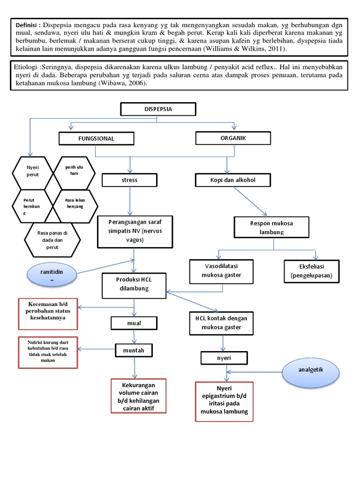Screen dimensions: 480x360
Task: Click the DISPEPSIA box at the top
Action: click(158, 109)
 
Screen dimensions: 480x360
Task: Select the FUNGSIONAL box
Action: click(96, 139)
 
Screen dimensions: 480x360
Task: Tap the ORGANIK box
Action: click(233, 138)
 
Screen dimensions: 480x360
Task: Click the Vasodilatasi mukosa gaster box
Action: click(221, 271)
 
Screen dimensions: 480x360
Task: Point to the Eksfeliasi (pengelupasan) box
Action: click(311, 271)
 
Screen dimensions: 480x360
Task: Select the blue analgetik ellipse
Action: click(311, 370)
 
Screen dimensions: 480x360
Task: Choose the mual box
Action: click(135, 323)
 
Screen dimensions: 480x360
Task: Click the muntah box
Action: click(135, 350)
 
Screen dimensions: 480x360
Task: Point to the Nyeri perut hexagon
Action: click(33, 171)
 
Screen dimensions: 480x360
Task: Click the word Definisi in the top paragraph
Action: click(28, 24)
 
